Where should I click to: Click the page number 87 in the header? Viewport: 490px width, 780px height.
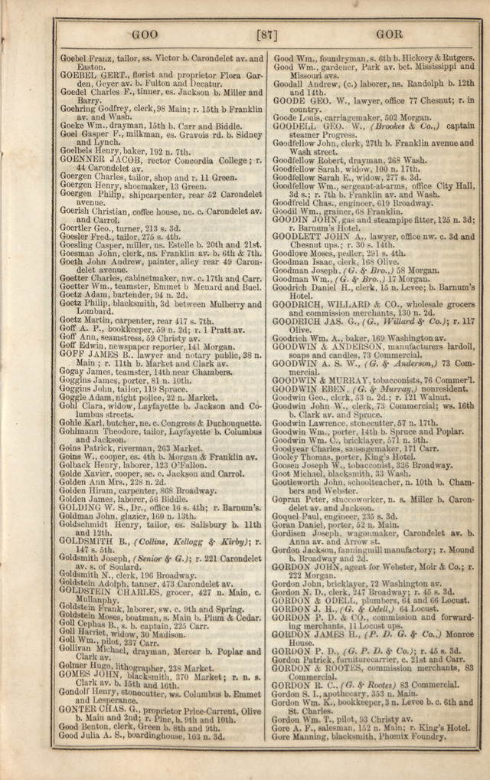pos(266,34)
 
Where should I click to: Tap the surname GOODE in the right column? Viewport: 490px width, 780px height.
pos(290,100)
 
